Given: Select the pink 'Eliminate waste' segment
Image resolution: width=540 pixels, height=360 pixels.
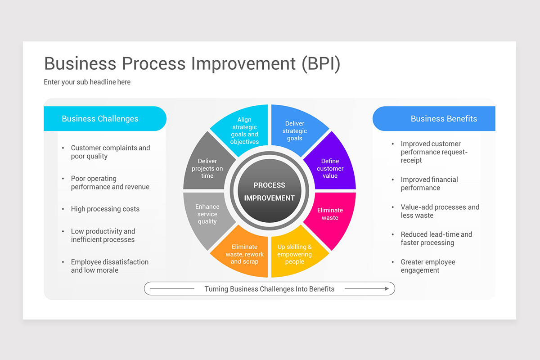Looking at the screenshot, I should [x=330, y=214].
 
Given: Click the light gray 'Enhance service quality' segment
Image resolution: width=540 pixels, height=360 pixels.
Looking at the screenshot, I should [x=207, y=214].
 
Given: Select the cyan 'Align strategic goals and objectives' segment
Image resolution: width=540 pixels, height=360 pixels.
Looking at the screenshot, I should [x=244, y=130].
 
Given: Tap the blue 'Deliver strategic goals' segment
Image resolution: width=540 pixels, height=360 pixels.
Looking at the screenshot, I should [x=295, y=130].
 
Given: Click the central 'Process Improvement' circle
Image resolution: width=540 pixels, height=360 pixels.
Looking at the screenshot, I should [x=269, y=191].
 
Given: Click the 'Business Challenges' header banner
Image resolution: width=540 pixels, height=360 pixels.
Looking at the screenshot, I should [x=104, y=119].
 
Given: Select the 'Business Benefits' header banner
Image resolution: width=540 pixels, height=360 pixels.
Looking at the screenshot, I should [x=435, y=119].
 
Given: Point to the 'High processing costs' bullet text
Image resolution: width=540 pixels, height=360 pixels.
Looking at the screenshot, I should [x=105, y=209].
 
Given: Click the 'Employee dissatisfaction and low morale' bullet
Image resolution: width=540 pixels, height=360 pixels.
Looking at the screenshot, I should [x=109, y=266].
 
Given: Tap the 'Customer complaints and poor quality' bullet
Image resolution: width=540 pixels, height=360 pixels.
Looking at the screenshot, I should [x=110, y=152].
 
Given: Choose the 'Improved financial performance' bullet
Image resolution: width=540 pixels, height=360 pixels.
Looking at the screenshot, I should [x=429, y=184].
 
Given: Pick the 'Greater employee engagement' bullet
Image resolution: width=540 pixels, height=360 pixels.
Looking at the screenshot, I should [x=427, y=266].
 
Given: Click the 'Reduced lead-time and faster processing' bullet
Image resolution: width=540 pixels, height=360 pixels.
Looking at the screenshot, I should [x=436, y=238].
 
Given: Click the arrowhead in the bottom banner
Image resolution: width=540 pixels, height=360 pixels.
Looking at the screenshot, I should [x=386, y=289].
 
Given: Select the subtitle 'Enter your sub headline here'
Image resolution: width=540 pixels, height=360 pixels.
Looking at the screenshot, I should [x=87, y=82].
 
